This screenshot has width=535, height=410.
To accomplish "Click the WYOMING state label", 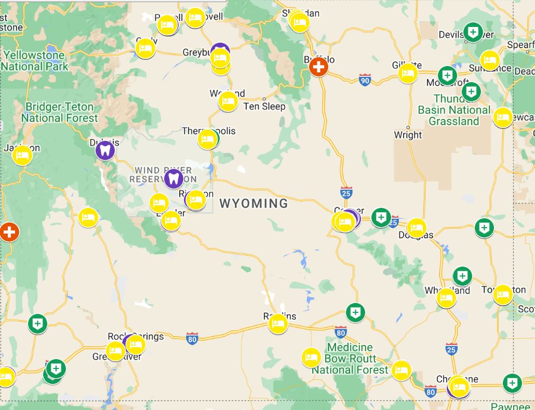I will coord(253,203).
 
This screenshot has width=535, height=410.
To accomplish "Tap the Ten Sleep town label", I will coord(264,107).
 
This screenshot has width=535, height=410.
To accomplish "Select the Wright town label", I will coord(408,135).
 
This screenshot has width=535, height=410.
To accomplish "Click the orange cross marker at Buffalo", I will coord(318,67).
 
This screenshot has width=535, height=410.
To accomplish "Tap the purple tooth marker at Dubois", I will coord(105,151).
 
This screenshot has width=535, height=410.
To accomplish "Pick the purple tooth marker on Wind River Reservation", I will coord(173,179).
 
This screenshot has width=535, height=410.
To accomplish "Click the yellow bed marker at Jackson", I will coord(22,155).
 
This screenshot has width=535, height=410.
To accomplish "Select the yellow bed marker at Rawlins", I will coord(278,324).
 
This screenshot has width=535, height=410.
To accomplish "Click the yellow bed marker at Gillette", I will coord(408,73).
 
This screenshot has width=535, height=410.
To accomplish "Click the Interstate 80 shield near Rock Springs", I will coord(192,339).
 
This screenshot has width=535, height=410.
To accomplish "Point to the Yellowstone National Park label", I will coord(34,61).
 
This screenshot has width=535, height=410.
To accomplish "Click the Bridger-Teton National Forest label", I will coord(59,112).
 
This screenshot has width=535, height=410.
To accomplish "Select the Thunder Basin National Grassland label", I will coord(454,110).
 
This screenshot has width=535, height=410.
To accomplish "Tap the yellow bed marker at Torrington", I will coord(503,295).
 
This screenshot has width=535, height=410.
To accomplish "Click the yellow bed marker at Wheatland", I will coord(446,298).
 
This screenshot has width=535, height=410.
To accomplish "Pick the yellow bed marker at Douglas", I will coord(417,228).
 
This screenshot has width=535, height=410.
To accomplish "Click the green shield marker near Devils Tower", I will coord(473,32).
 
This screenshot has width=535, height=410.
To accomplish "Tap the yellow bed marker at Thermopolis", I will coord(207,139).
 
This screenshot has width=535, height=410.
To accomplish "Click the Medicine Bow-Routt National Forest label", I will coord(350,359).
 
